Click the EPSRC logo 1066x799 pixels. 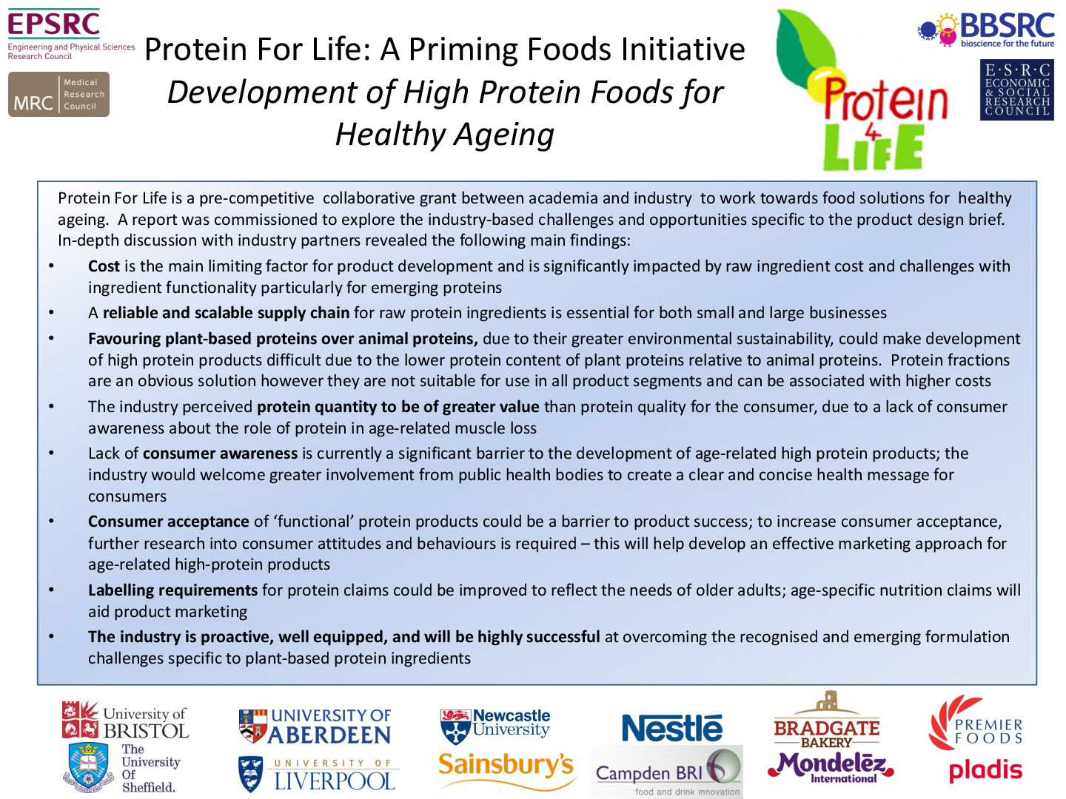pos(71,34)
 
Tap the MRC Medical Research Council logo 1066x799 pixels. pos(58,94)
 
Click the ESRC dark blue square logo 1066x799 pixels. pos(1017,90)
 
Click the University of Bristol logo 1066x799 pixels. pos(125,720)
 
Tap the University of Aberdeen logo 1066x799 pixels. pos(315,726)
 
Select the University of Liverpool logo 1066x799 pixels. pos(318,773)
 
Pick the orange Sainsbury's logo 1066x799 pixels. pos(506,770)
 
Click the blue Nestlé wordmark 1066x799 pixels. pos(671,727)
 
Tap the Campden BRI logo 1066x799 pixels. pos(667,772)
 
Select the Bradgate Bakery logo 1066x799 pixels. pos(827,720)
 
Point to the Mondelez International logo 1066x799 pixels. pos(831,767)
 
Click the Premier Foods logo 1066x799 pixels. pos(975,722)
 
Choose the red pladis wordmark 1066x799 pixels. pos(985,770)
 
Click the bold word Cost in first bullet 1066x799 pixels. pos(104,266)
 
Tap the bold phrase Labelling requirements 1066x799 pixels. pos(172,590)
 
